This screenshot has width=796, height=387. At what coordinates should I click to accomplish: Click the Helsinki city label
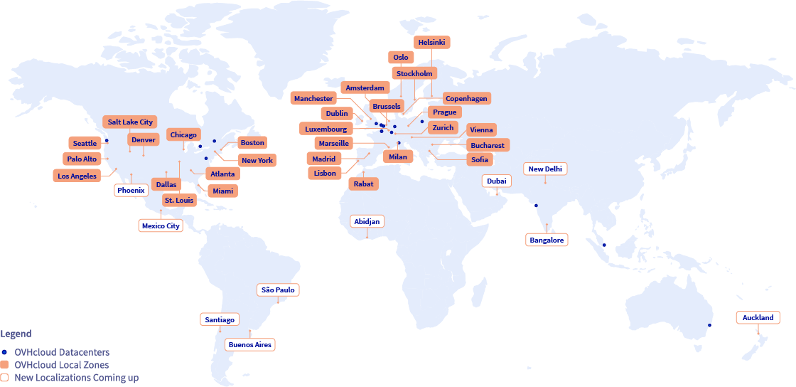point(432,43)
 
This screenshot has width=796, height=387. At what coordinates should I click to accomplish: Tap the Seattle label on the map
point(85,144)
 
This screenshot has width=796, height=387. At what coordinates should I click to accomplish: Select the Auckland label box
point(758,318)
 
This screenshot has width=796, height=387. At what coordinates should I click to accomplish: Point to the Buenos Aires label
point(249,345)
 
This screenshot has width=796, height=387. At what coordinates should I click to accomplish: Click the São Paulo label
point(278,290)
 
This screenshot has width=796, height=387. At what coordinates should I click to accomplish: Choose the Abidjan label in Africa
point(367,222)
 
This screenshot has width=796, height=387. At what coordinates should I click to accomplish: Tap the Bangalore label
point(547,240)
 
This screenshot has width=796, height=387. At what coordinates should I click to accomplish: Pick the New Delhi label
point(545,169)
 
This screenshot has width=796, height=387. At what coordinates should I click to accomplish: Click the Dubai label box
point(497,181)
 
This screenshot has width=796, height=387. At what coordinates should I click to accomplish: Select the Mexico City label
point(161,226)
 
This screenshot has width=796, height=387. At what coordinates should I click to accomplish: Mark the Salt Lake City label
point(130,122)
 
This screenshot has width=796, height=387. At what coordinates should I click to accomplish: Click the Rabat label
point(362,184)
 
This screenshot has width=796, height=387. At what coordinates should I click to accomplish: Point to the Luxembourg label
point(326,129)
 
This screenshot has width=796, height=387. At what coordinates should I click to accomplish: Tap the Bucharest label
point(487,146)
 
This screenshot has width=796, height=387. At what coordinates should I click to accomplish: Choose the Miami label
point(222,191)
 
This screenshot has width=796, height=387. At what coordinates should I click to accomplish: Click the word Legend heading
point(16,334)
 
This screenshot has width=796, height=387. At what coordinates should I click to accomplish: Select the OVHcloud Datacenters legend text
point(62,352)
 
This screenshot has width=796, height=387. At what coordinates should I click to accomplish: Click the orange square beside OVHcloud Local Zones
point(5,365)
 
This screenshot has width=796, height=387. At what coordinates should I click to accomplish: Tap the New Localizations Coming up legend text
point(76,378)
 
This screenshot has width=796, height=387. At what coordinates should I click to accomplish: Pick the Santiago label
point(219,320)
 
